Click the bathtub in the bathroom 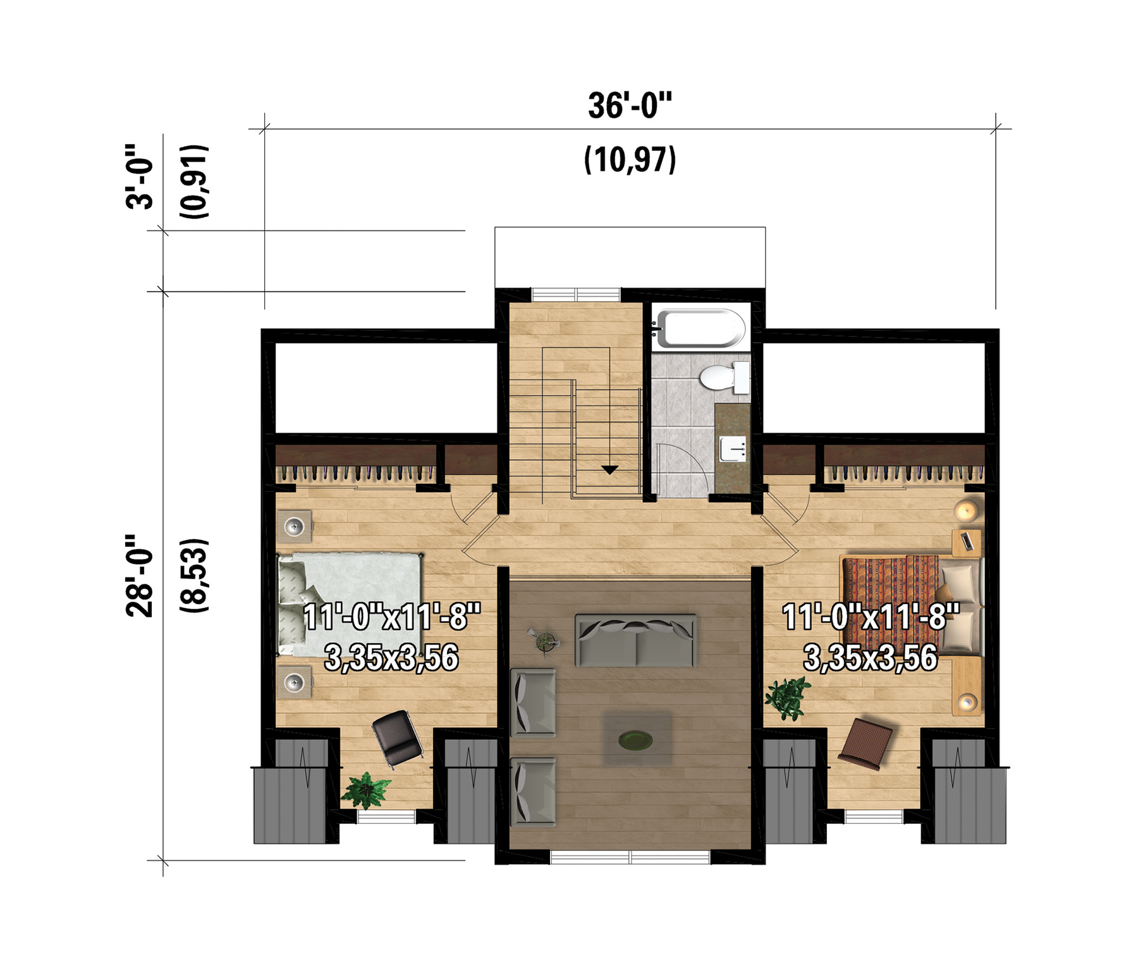pyautogui.click(x=699, y=328)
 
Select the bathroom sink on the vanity pyautogui.click(x=733, y=449)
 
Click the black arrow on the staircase pyautogui.click(x=609, y=469)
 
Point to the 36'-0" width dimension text pyautogui.click(x=630, y=106)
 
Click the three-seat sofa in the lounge pyautogui.click(x=636, y=640)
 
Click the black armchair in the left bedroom pyautogui.click(x=397, y=738)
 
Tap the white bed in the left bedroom pyautogui.click(x=350, y=605)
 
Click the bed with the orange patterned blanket pyautogui.click(x=911, y=605)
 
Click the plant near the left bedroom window pyautogui.click(x=365, y=791)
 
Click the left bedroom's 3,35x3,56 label pyautogui.click(x=391, y=658)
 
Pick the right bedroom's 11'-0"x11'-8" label pyautogui.click(x=871, y=617)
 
